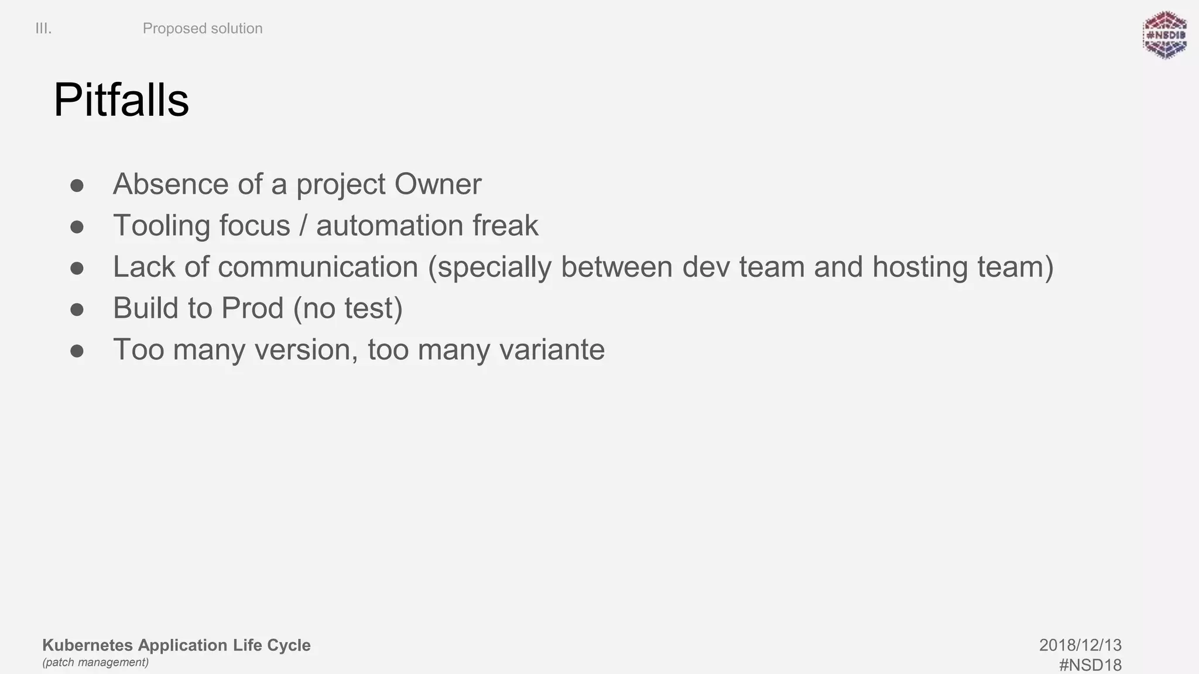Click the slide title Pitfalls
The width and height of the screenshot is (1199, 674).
pyautogui.click(x=121, y=100)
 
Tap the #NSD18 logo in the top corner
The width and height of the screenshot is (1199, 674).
pyautogui.click(x=1164, y=35)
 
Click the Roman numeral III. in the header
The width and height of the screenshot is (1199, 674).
pyautogui.click(x=43, y=29)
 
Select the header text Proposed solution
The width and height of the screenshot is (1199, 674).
pyautogui.click(x=203, y=29)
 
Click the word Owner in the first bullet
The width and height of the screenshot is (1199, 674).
pyautogui.click(x=437, y=184)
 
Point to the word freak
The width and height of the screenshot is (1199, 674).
pyautogui.click(x=505, y=226)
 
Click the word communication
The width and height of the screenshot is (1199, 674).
pyautogui.click(x=318, y=267)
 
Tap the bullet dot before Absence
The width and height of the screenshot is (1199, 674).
pyautogui.click(x=77, y=186)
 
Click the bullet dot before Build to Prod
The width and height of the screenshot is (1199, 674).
pyautogui.click(x=77, y=310)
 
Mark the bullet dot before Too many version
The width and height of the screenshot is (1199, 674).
pyautogui.click(x=77, y=351)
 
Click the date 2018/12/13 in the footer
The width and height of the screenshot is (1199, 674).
pyautogui.click(x=1080, y=645)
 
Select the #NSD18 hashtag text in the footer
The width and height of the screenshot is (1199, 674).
pyautogui.click(x=1090, y=665)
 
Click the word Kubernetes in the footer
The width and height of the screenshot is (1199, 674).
pyautogui.click(x=88, y=645)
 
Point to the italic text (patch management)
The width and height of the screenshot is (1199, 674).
pyautogui.click(x=95, y=662)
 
